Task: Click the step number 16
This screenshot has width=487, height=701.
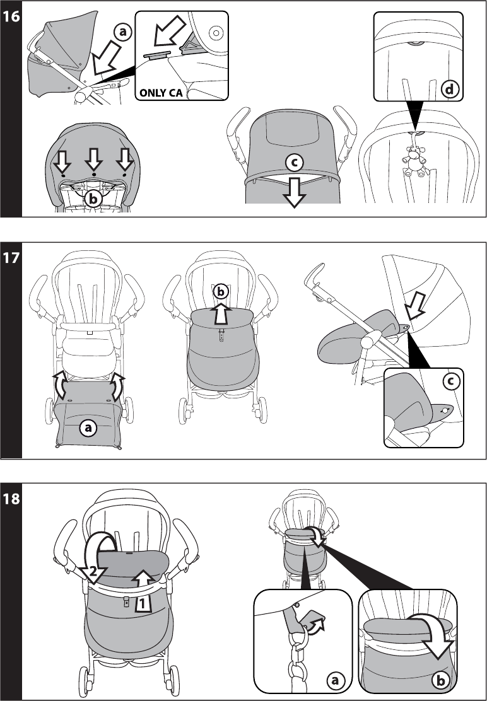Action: tap(11, 16)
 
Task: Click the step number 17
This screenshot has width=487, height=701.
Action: tap(11, 258)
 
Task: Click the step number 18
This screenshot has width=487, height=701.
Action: tap(11, 499)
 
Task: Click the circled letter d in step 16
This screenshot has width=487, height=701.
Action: tap(449, 90)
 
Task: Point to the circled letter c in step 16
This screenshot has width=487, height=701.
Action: tap(293, 163)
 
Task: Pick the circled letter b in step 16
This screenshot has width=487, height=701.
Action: tap(93, 198)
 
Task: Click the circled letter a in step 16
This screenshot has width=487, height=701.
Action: tap(123, 32)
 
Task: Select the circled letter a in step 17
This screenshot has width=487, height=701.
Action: tap(87, 427)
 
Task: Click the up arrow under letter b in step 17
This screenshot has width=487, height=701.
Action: tap(220, 312)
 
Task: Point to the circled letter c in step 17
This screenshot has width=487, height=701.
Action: tap(450, 381)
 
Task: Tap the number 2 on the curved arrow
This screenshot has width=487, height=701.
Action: tap(93, 572)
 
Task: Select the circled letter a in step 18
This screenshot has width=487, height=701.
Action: tap(335, 680)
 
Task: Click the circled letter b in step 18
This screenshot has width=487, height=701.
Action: tap(439, 680)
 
